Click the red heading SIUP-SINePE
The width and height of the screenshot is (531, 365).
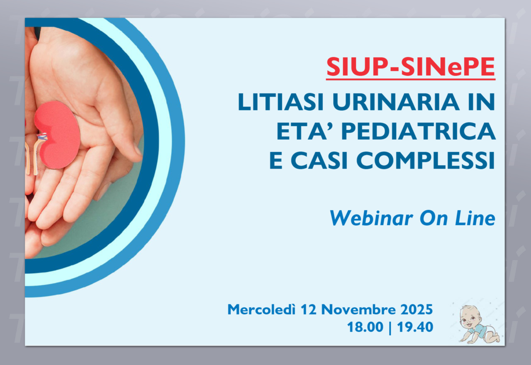(411, 67)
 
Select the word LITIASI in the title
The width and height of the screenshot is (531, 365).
(281, 102)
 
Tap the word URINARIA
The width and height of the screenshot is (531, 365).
(396, 102)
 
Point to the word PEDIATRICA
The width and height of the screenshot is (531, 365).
(419, 131)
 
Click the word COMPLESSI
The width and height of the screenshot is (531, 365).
(426, 160)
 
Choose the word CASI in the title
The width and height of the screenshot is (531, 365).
(319, 160)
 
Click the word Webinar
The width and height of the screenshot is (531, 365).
(371, 218)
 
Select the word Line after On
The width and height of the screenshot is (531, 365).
(475, 218)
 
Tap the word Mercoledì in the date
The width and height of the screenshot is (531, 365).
(261, 309)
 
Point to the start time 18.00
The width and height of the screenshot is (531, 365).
(365, 327)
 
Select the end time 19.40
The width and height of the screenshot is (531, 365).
(415, 327)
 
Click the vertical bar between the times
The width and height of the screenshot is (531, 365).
(390, 328)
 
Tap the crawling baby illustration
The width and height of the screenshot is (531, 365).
(479, 324)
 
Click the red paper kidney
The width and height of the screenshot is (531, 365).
(58, 135)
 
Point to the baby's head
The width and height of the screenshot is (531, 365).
(470, 317)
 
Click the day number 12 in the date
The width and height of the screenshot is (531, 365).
(308, 309)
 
